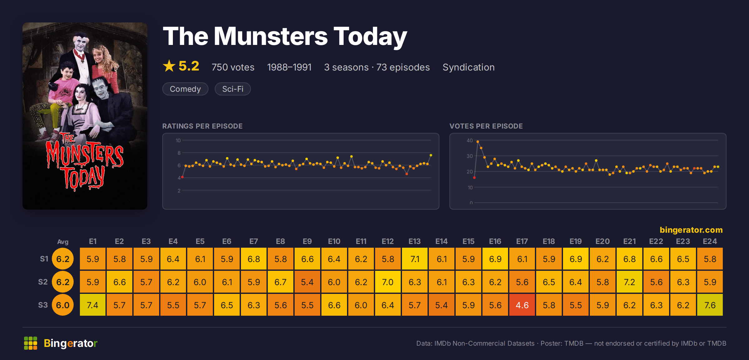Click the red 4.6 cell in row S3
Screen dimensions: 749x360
(x=522, y=305)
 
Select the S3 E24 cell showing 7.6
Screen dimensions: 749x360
(x=710, y=305)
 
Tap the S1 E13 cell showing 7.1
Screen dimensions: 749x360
(x=415, y=259)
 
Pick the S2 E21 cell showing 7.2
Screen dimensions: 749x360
(x=629, y=282)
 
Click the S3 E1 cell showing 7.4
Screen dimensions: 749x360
(x=93, y=305)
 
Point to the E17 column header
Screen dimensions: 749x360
(x=522, y=241)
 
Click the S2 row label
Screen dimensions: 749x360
(x=43, y=282)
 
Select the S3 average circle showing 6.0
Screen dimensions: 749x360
(x=63, y=305)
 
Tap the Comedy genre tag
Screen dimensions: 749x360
(x=185, y=89)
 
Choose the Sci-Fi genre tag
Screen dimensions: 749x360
(x=233, y=89)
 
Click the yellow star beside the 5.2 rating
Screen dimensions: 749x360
(x=169, y=66)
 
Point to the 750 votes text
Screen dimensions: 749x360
(x=233, y=67)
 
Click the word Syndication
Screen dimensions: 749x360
(x=468, y=67)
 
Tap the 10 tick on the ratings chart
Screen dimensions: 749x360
(x=178, y=140)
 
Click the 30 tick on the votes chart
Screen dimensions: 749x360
(x=470, y=156)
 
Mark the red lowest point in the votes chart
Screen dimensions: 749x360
(x=474, y=178)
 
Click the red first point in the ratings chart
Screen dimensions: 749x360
(x=182, y=177)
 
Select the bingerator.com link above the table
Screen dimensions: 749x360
(x=691, y=230)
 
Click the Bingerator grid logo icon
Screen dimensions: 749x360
(x=31, y=343)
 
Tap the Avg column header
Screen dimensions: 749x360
(x=63, y=242)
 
